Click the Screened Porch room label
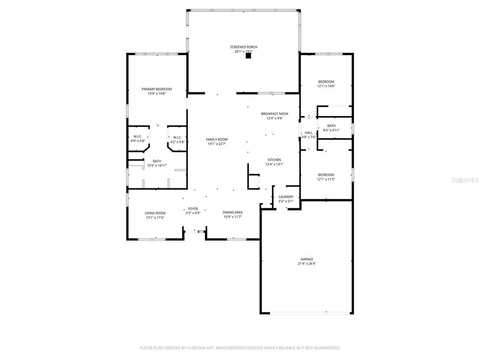pos(243,47)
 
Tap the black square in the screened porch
pos(248,56)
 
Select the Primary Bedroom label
pos(157,89)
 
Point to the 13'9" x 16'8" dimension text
pos(157,94)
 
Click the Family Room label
pos(217,139)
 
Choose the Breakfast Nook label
pos(274,114)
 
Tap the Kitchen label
pos(274,160)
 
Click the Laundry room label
pos(285,197)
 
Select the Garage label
pos(307,259)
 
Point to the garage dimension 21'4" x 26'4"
pos(307,264)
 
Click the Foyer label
pos(193,209)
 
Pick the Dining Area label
pos(232,212)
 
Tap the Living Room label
pos(155,213)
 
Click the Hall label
pos(308,133)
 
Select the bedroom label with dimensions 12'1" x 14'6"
pos(326,82)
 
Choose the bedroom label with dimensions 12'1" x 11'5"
pos(326,174)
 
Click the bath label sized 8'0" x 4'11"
pos(331,126)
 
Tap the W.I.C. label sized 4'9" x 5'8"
pos(137,137)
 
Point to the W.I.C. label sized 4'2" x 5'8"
pos(177,137)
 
